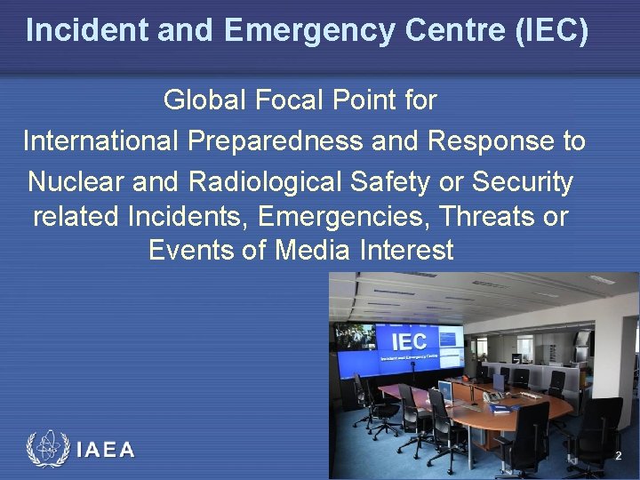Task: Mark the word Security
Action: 524,182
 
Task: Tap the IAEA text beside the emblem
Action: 106,450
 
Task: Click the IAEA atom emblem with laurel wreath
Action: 47,450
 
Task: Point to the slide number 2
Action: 619,456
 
